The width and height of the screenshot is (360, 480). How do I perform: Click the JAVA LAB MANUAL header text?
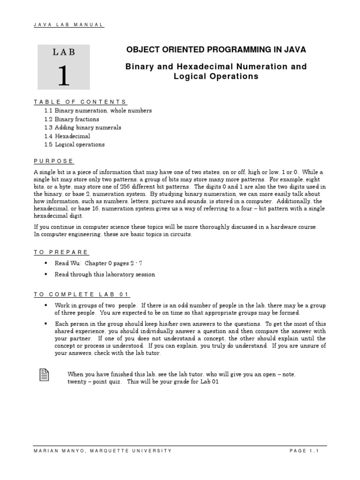point(68,25)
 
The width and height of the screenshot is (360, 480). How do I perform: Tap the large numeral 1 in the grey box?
point(64,75)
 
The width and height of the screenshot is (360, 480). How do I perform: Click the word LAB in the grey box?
point(64,52)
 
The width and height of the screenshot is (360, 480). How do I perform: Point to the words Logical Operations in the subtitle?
point(216,76)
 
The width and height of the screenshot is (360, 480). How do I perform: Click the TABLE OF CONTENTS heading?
point(80,102)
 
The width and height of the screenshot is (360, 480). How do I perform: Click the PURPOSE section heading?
point(54,161)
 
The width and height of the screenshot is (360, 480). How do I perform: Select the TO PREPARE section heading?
point(61,252)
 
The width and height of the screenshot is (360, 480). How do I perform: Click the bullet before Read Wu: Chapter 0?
point(46,263)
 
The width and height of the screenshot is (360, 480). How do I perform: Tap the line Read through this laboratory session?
point(105,274)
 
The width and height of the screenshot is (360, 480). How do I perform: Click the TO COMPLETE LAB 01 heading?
point(81,294)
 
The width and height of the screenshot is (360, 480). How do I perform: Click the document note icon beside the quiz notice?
point(43,375)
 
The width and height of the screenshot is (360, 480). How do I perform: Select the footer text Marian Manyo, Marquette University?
point(103,450)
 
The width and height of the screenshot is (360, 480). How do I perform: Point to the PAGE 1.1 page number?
point(304,450)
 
